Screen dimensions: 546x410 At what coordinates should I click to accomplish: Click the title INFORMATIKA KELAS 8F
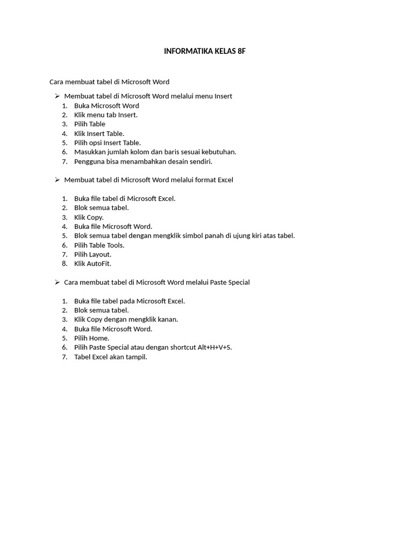pos(204,51)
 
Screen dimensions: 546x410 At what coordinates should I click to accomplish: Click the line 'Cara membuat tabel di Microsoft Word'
pos(109,82)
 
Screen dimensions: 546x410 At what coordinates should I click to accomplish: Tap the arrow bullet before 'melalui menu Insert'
pos(57,96)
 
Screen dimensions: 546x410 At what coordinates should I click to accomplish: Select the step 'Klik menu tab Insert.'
pos(106,115)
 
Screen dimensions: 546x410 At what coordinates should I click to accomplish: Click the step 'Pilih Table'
pos(90,124)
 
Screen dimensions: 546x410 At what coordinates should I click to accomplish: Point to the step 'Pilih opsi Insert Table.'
pos(107,143)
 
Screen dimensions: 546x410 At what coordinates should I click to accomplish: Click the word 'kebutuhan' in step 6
pos(219,152)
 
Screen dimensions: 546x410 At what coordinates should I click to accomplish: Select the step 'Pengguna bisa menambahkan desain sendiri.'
pos(143,162)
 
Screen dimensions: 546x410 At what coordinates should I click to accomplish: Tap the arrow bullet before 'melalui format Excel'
pos(57,180)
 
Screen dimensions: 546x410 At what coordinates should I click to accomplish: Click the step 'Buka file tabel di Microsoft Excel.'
pos(124,199)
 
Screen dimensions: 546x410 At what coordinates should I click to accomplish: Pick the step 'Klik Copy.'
pos(89,218)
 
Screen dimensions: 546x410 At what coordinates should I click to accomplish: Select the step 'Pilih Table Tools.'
pos(99,245)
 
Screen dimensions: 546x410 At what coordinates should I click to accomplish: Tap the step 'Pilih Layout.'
pos(93,254)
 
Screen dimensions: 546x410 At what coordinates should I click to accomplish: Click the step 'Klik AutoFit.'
pos(92,264)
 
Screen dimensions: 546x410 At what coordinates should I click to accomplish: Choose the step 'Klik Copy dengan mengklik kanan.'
pos(126,319)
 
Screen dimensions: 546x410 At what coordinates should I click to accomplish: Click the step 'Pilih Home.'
pos(92,338)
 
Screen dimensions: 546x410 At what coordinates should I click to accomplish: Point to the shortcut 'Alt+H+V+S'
pos(214,348)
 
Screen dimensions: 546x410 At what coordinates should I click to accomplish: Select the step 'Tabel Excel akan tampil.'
pos(111,357)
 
